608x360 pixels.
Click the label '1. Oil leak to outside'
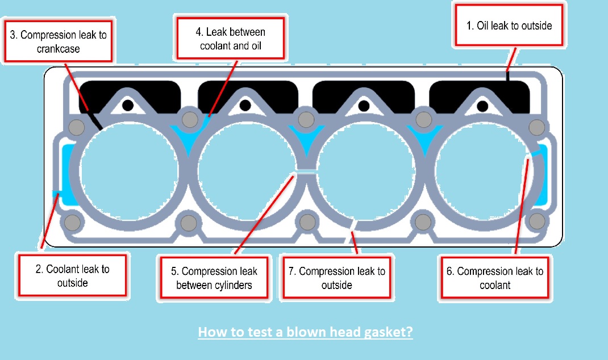(x=509, y=26)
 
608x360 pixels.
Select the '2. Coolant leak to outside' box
(x=73, y=275)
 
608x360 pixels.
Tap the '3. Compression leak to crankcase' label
(x=57, y=41)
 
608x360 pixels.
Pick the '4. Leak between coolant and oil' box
(x=230, y=38)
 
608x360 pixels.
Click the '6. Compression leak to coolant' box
(x=494, y=278)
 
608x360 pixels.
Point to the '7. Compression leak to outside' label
(x=336, y=278)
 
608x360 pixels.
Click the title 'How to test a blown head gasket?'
(x=305, y=332)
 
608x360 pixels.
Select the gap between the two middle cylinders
(x=306, y=170)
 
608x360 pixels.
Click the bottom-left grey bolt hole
(x=73, y=221)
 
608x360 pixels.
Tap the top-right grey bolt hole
(x=536, y=125)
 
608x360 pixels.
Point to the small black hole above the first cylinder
(x=128, y=105)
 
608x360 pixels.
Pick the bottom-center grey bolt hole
(x=306, y=221)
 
